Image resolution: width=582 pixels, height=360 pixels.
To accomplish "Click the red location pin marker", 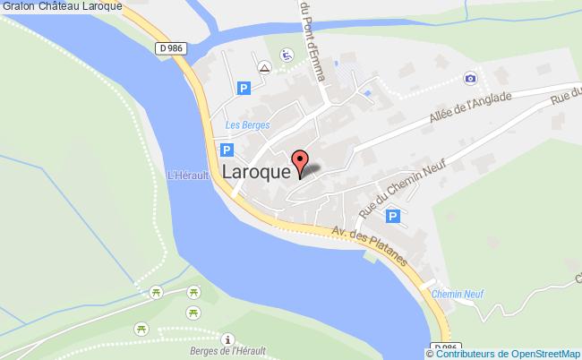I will pyautogui.click(x=303, y=163).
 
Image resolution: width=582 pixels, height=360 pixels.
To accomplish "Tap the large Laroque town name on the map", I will pyautogui.click(x=256, y=170).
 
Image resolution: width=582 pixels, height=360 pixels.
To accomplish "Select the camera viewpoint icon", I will pyautogui.click(x=471, y=79).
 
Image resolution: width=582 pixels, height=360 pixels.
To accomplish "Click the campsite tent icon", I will pyautogui.click(x=264, y=67).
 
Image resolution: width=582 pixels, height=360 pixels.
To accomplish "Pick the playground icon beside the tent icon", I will pyautogui.click(x=287, y=56).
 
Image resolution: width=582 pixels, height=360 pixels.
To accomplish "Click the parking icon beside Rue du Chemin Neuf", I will pyautogui.click(x=392, y=216).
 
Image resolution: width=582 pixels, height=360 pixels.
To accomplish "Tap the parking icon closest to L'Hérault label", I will pyautogui.click(x=227, y=151).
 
